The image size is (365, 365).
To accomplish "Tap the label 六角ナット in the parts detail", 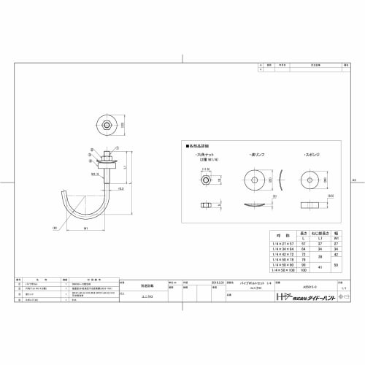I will pos(204,156).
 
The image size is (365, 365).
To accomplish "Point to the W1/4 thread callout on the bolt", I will pos(95,174).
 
